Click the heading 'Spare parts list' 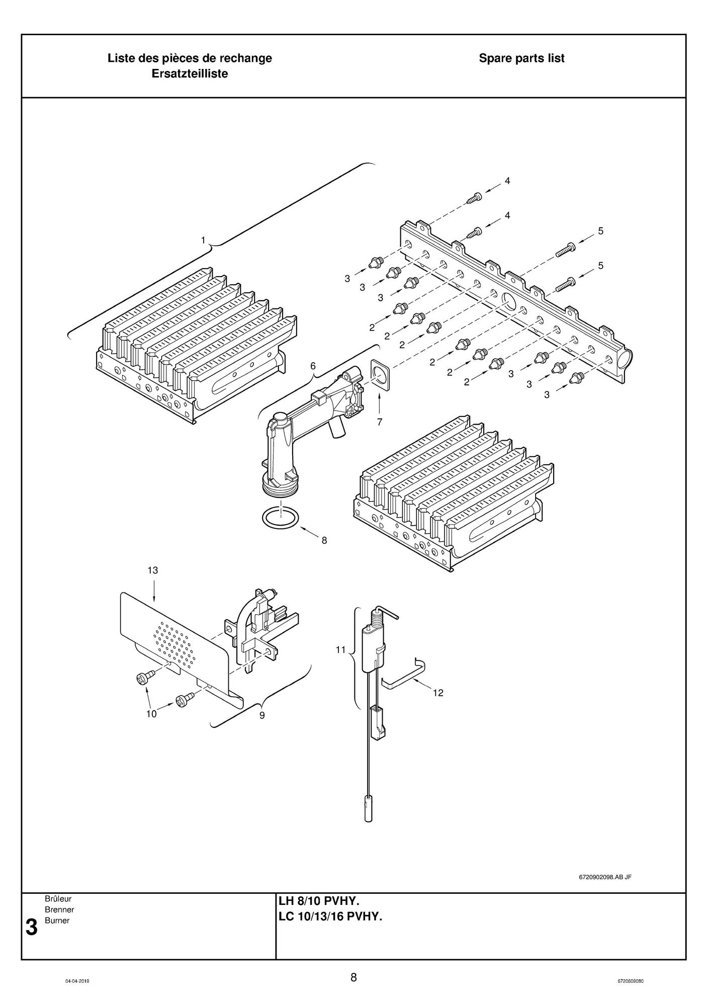click(521, 58)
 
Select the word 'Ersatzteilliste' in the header click(190, 74)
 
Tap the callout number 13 click(153, 570)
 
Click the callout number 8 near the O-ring click(324, 540)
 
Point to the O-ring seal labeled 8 click(280, 518)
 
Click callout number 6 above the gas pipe click(313, 366)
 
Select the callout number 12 click(438, 693)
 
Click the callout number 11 click(341, 649)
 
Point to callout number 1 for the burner click(203, 240)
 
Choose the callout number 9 click(262, 715)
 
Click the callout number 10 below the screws click(151, 713)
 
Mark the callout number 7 click(380, 422)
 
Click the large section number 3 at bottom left click(31, 927)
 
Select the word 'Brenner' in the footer click(59, 909)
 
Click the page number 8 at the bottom click(354, 977)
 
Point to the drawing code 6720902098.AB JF click(605, 877)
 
